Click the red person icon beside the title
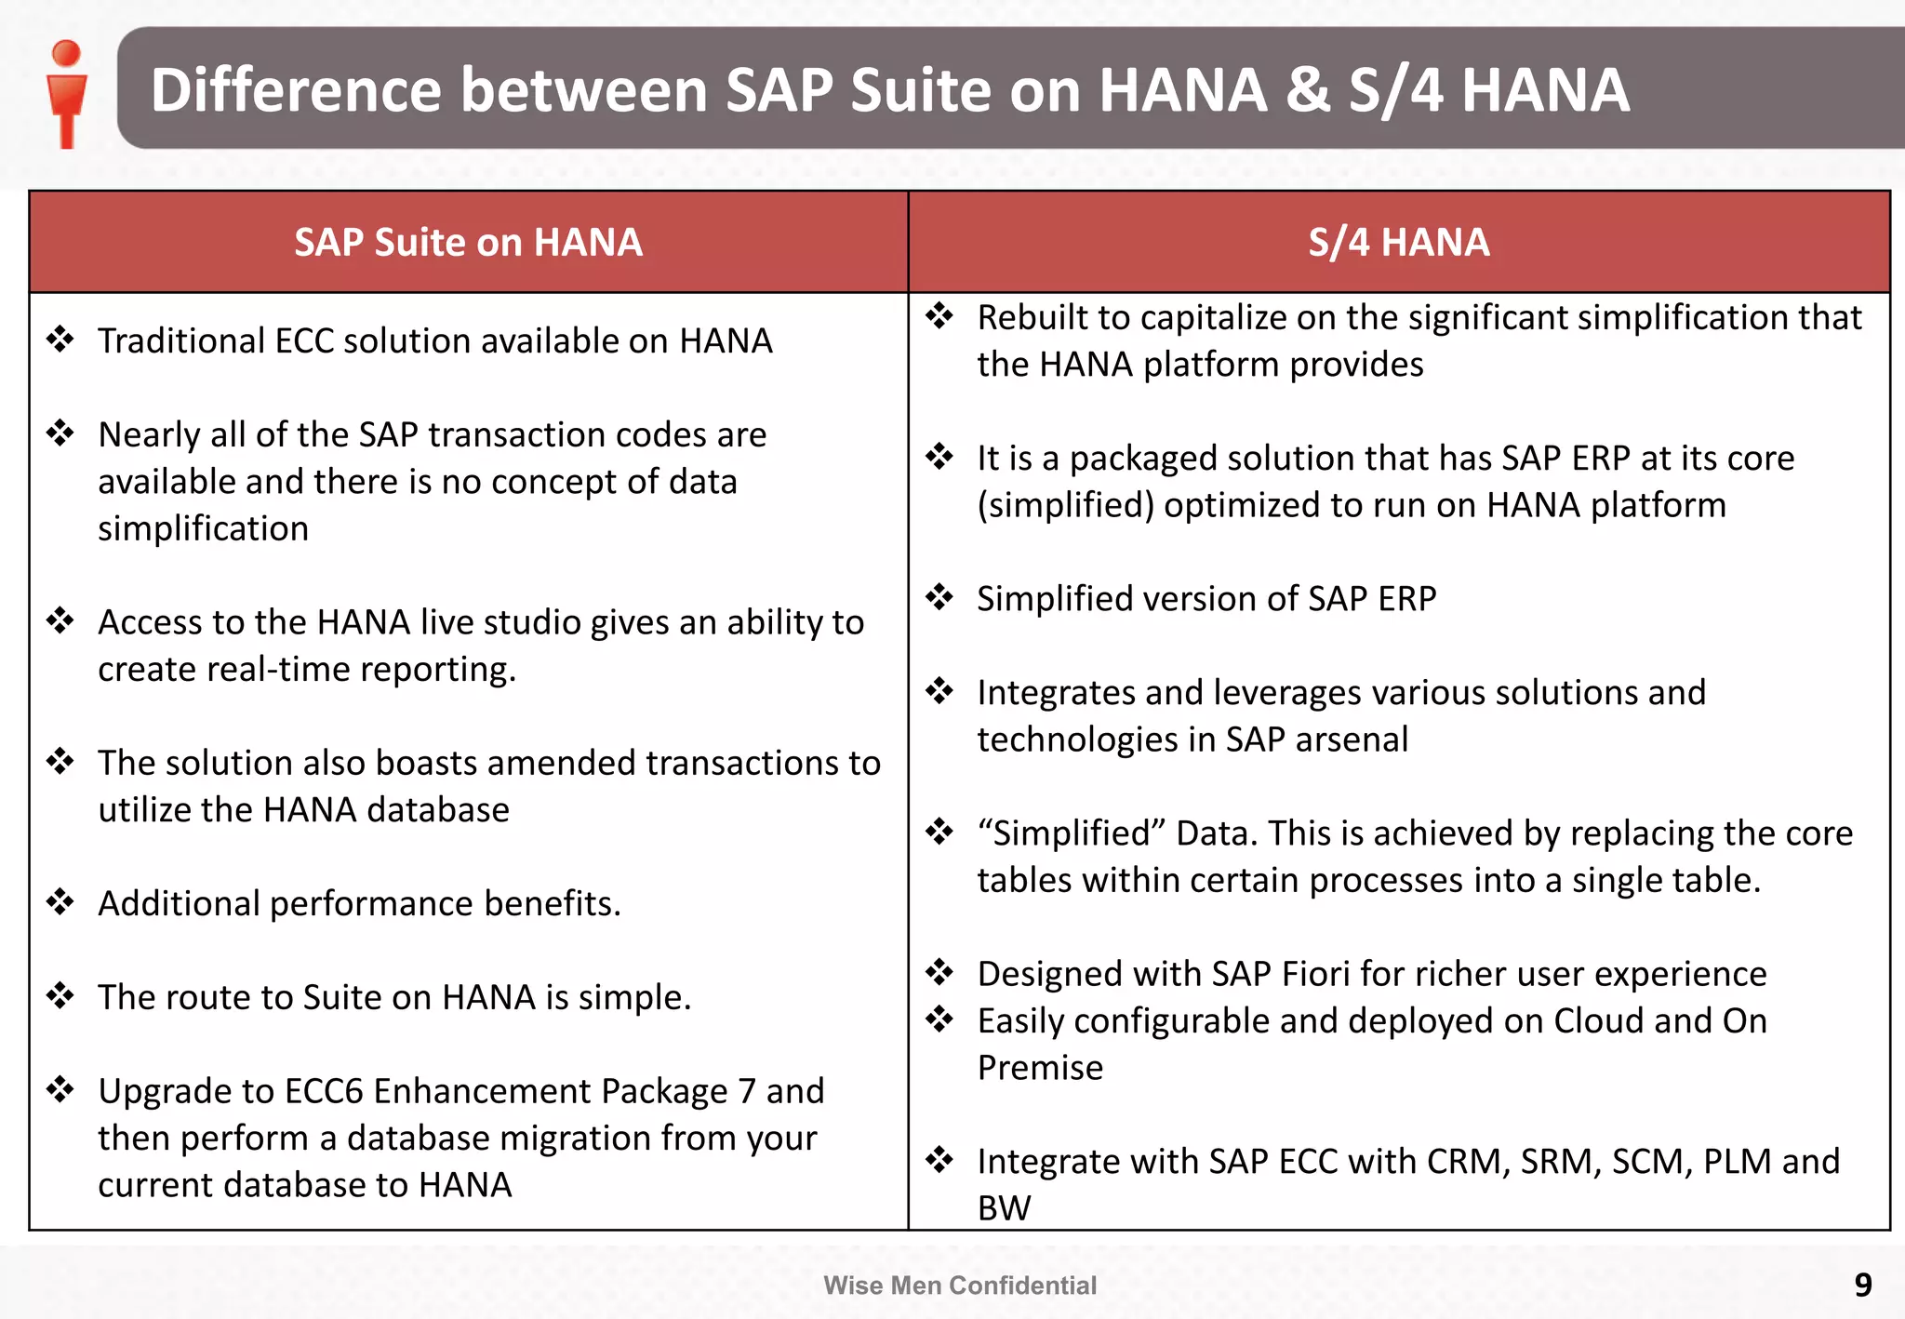tap(67, 93)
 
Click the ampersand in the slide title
tap(1308, 90)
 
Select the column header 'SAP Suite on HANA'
tap(468, 242)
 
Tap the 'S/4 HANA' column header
tap(1398, 242)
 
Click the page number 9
tap(1862, 1285)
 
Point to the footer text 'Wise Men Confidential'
tap(960, 1286)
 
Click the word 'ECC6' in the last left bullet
tap(323, 1091)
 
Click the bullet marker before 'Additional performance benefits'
tap(60, 901)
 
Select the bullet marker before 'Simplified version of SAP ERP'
tap(939, 596)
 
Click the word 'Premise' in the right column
tap(1040, 1068)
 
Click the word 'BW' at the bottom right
tap(1004, 1208)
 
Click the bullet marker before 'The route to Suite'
tap(60, 995)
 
